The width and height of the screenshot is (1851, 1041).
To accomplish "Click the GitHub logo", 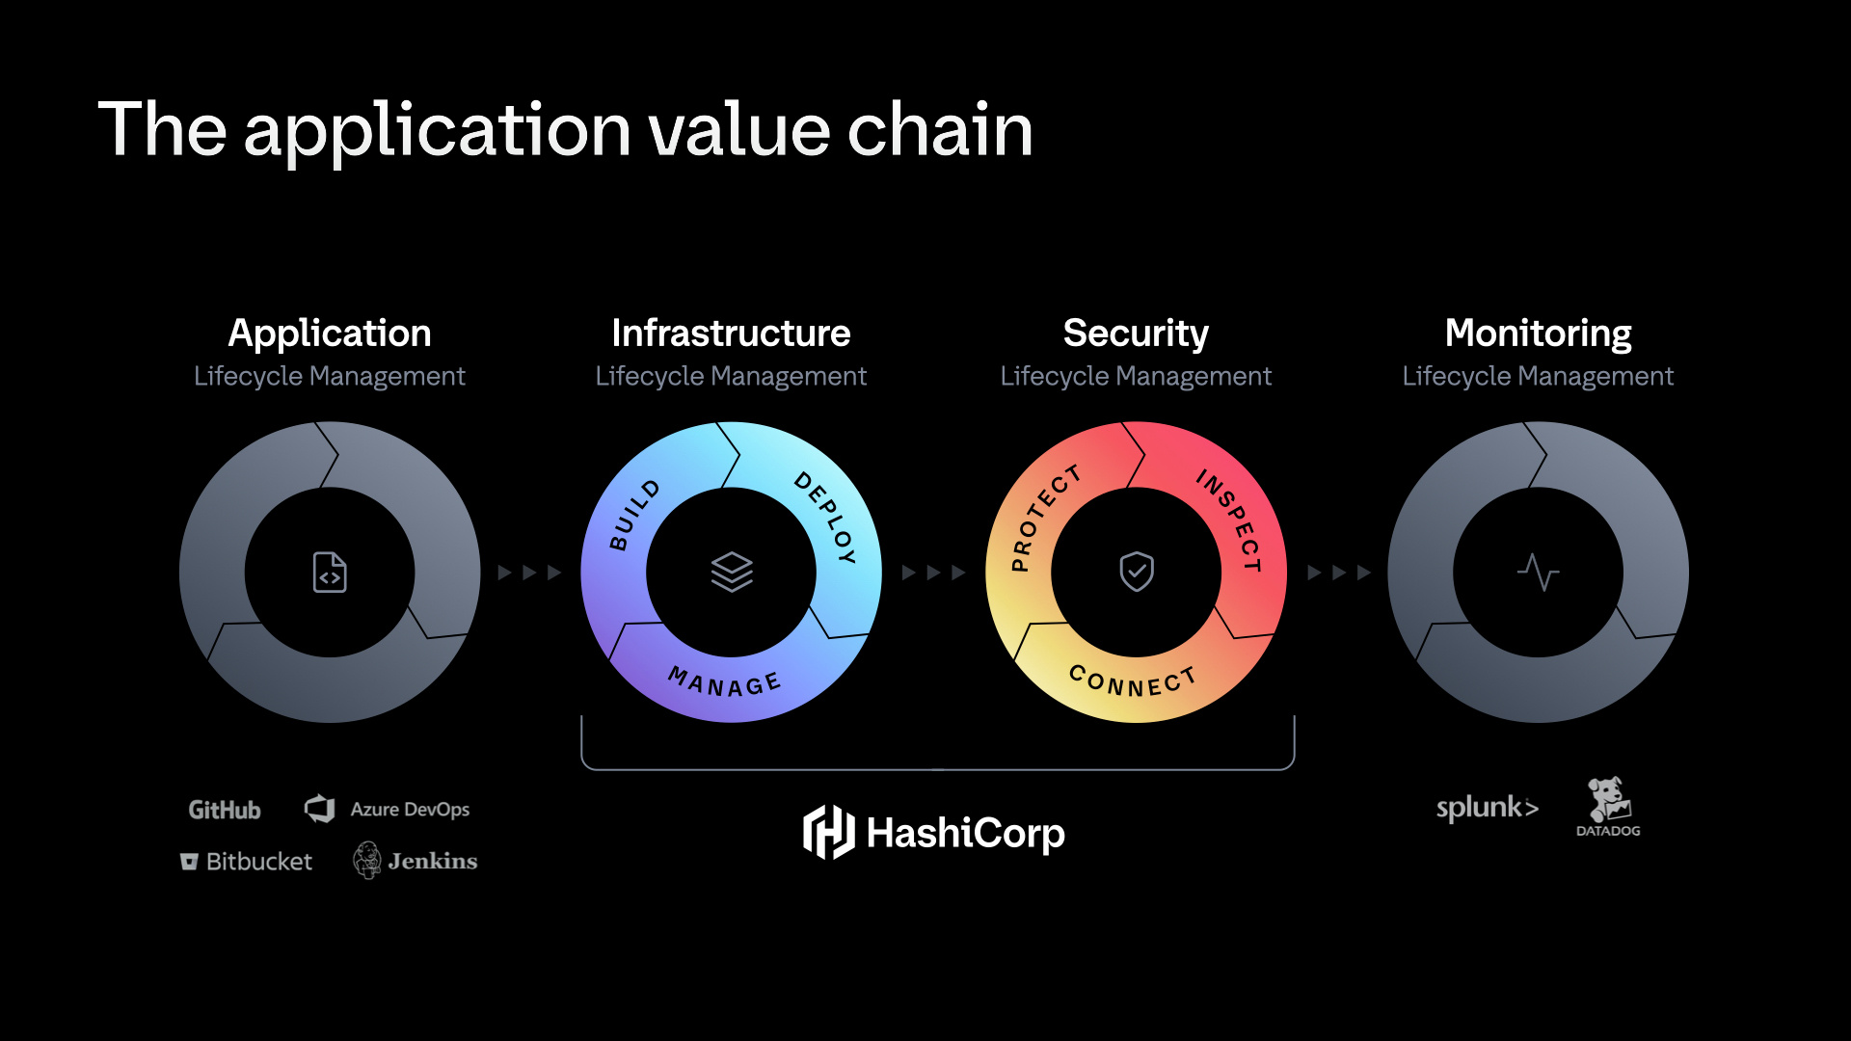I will (225, 810).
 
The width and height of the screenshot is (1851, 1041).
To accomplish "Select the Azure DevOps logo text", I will (410, 810).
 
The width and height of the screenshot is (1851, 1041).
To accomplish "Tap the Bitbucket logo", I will (247, 862).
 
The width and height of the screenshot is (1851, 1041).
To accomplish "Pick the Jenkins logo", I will (416, 861).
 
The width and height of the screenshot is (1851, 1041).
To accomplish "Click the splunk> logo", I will (1487, 808).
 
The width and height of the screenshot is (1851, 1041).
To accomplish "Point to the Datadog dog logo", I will (1608, 800).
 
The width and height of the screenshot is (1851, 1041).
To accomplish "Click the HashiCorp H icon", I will (828, 832).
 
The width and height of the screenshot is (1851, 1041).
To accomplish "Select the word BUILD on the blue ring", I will (634, 516).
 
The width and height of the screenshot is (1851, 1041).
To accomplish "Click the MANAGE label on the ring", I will (725, 682).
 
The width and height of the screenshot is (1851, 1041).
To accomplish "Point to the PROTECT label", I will (1045, 519).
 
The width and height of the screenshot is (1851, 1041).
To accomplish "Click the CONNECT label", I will (1133, 681).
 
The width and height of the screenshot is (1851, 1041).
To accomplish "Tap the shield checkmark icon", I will (1137, 572).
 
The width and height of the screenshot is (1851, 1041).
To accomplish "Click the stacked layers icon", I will (732, 572).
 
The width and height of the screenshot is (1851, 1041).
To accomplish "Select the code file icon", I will (330, 573).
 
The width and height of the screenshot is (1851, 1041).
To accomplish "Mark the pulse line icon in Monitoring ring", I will (1538, 572).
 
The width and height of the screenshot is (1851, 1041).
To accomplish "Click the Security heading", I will (1136, 334).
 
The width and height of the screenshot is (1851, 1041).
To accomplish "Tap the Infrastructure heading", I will (731, 334).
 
